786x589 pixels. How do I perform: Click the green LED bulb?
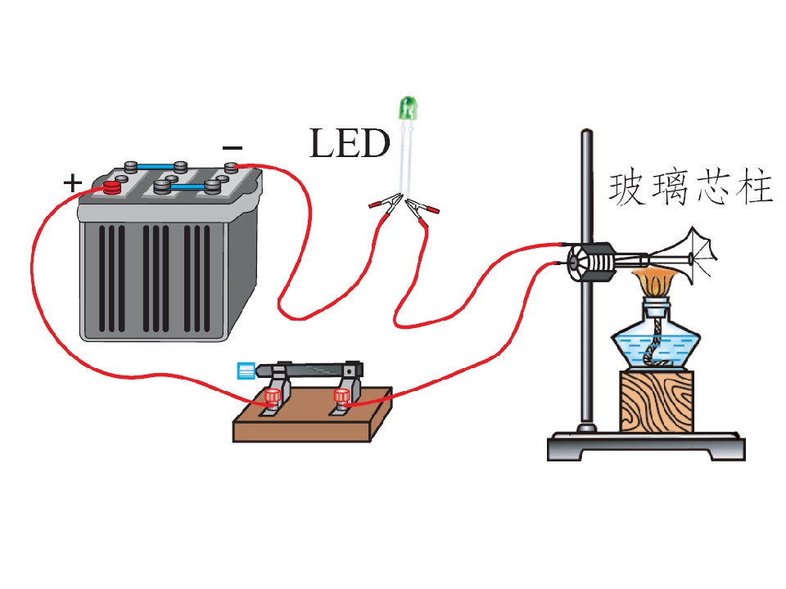(x=408, y=108)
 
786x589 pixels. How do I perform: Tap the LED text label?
(x=350, y=143)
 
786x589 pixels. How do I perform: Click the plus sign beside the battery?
(x=72, y=182)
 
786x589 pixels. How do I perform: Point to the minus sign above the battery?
(x=232, y=148)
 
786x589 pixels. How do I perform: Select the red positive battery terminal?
(x=113, y=188)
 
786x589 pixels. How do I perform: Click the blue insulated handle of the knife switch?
(x=246, y=371)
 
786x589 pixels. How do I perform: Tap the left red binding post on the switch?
(x=272, y=396)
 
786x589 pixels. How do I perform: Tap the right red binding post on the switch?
(x=342, y=396)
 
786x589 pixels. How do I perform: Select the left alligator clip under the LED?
(x=385, y=204)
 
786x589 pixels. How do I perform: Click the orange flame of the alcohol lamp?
(x=656, y=283)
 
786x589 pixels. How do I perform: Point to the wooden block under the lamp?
(x=657, y=401)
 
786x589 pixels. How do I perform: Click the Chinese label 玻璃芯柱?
(x=690, y=188)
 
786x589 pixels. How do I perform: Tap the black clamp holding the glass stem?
(x=591, y=262)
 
